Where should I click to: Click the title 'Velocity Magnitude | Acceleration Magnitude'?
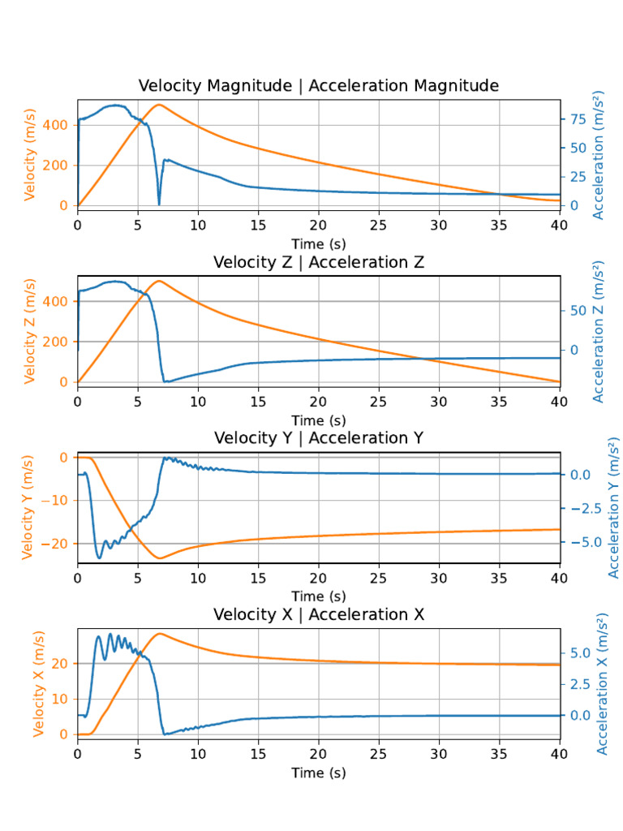pos(318,86)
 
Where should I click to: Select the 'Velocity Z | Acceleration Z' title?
pos(318,262)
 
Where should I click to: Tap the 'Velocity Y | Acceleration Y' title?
pos(318,438)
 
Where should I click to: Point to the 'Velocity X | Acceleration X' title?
pos(318,614)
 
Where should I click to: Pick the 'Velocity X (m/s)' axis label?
pos(38,685)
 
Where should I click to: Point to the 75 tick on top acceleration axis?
pos(578,118)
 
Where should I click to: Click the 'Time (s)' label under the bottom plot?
pos(318,773)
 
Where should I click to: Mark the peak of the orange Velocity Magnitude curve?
pos(159,105)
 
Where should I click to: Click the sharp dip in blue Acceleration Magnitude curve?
pos(159,204)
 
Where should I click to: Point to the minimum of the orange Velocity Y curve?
pos(159,558)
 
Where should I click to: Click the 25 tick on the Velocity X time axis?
pos(379,752)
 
